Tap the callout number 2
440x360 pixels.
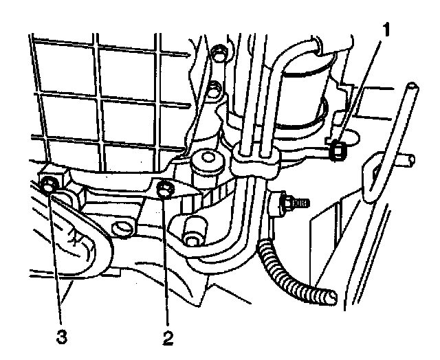tap(167, 338)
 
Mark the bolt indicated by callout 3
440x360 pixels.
tap(49, 184)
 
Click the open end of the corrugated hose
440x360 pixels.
tap(331, 296)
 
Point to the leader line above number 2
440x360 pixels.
tap(166, 261)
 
